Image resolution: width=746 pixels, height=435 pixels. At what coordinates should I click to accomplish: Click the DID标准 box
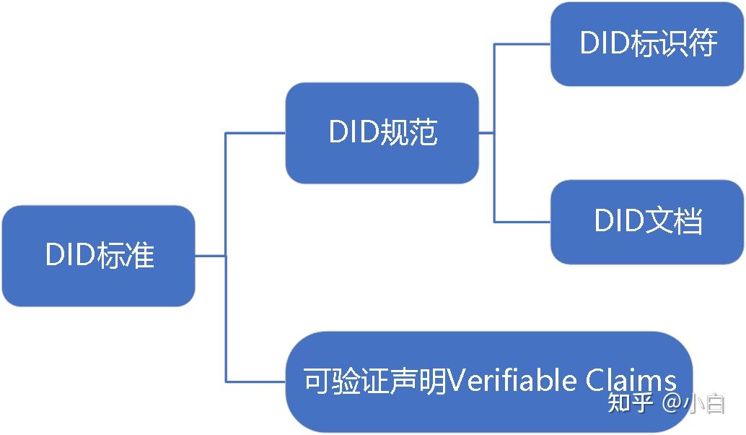coord(98,256)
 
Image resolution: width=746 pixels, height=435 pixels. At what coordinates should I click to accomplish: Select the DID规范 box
coord(382,133)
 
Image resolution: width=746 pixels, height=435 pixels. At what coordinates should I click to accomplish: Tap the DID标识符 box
coord(648,43)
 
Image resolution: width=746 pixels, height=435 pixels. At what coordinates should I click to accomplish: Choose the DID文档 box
coord(648,221)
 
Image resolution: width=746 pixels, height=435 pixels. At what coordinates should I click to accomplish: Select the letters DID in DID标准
coord(69,256)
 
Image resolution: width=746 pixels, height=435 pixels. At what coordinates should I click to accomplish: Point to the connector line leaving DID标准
coord(210,256)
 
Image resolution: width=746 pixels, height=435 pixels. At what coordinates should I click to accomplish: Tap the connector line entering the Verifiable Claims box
coord(256,382)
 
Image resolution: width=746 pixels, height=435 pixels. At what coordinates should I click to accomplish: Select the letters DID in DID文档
coord(618,221)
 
